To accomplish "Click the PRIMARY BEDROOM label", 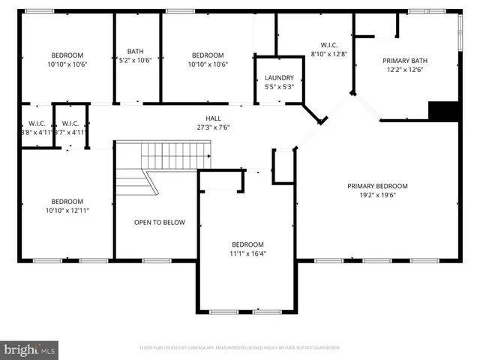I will coord(376,186).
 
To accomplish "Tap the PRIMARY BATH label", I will coord(405,61).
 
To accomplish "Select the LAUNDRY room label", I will coord(279,78).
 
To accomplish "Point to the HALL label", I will coord(214,118).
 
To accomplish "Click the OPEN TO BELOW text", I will coord(155,222).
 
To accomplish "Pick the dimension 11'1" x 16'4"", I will coord(247,253).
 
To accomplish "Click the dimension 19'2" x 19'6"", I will coord(376,195).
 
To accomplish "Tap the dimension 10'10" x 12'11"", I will coord(67,210).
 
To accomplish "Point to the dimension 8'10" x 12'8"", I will coord(329,54).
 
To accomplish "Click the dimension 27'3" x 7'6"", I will coord(214,127).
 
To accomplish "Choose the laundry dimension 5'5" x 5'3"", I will coord(279,87).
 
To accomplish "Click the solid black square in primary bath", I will coord(442,111).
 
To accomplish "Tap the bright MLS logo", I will coord(30,349).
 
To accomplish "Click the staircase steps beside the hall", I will coord(176,156).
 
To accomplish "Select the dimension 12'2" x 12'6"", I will coord(405,70).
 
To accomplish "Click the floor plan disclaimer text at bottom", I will coord(240,348).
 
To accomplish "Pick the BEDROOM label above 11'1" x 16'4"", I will coord(247,244).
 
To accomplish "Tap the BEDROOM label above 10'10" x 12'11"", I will coord(67,201).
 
